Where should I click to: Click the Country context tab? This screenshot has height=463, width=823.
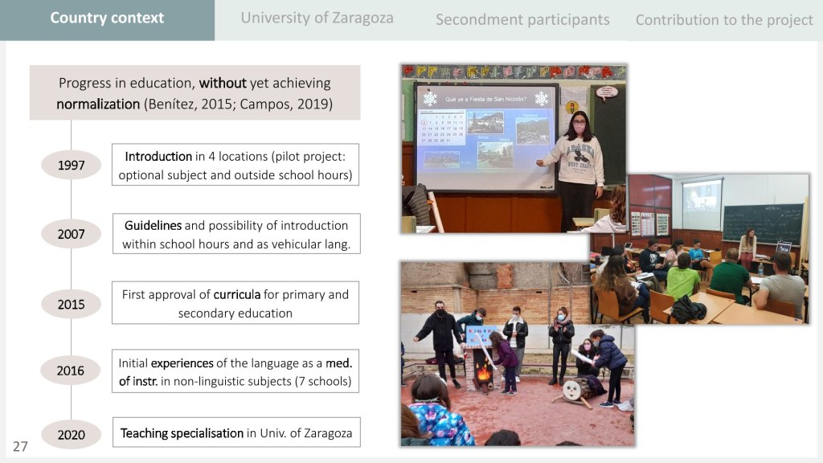(x=107, y=20)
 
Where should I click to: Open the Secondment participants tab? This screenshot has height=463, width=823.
(x=522, y=20)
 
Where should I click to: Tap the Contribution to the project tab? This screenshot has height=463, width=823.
(x=724, y=20)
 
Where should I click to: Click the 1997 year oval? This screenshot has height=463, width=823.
(x=71, y=165)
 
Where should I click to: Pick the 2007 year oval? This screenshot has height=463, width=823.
(x=71, y=234)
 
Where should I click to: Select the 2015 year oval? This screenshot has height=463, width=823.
(x=71, y=304)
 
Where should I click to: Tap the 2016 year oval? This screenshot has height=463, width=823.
(x=71, y=371)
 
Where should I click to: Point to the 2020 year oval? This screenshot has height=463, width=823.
(x=71, y=435)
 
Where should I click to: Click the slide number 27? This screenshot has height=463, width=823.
(x=20, y=447)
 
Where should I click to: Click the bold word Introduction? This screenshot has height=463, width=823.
(x=158, y=157)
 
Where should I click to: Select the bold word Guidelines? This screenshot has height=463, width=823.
(x=153, y=226)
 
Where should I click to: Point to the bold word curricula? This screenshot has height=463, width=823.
(x=237, y=294)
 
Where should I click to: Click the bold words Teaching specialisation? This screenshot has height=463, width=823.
(x=182, y=433)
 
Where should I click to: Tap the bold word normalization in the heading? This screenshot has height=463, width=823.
(x=98, y=104)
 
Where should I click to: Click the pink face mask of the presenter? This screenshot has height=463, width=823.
(x=579, y=128)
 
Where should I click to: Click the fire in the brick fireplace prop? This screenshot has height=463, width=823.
(x=483, y=373)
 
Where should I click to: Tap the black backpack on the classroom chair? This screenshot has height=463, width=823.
(x=689, y=309)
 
